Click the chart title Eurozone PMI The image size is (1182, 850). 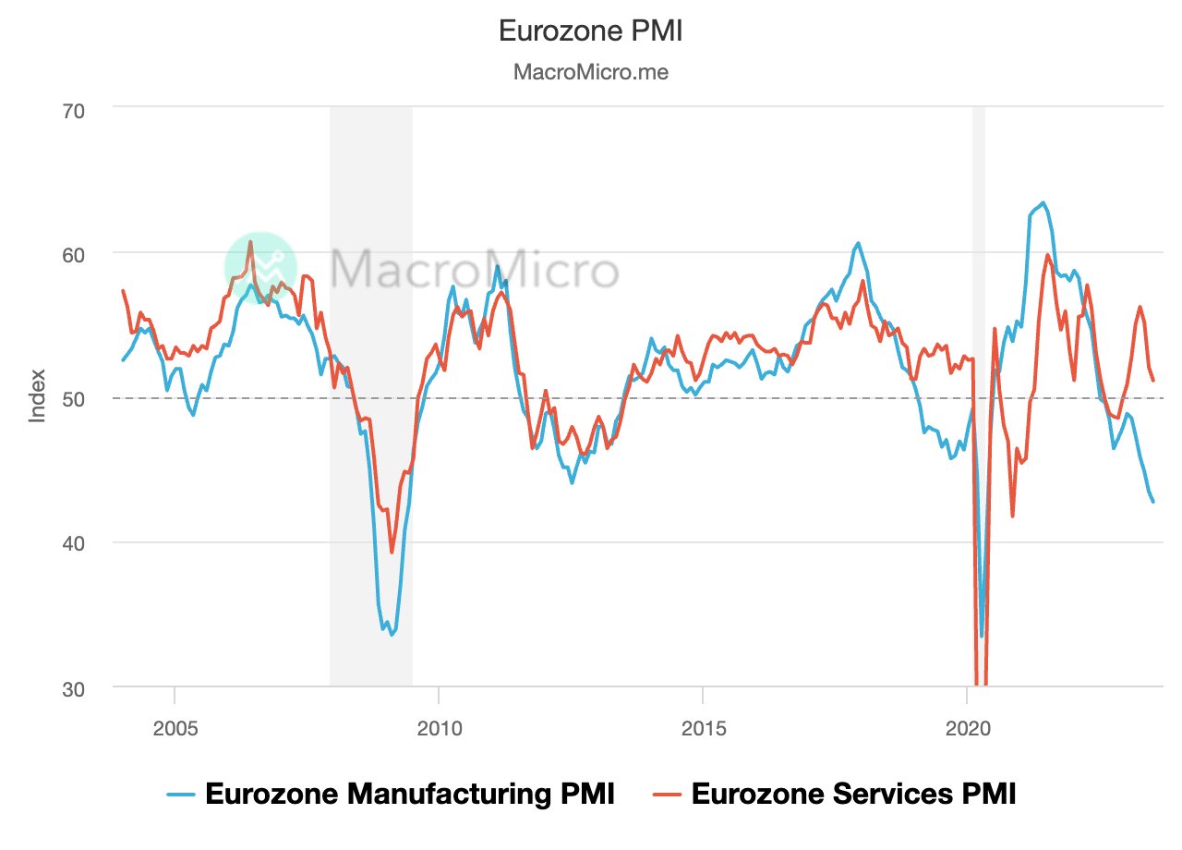tap(590, 30)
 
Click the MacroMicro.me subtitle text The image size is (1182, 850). tap(590, 72)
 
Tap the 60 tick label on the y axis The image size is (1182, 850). tap(73, 253)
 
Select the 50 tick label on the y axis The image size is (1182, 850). tap(73, 398)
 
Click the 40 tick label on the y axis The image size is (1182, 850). tap(73, 543)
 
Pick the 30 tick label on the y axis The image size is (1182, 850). tap(73, 688)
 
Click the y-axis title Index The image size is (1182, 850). tap(38, 397)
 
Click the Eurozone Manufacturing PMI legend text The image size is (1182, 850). tap(409, 794)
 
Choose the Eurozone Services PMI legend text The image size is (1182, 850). tap(852, 794)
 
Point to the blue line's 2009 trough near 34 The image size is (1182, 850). tap(392, 635)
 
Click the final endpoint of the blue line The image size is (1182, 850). tap(1153, 502)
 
